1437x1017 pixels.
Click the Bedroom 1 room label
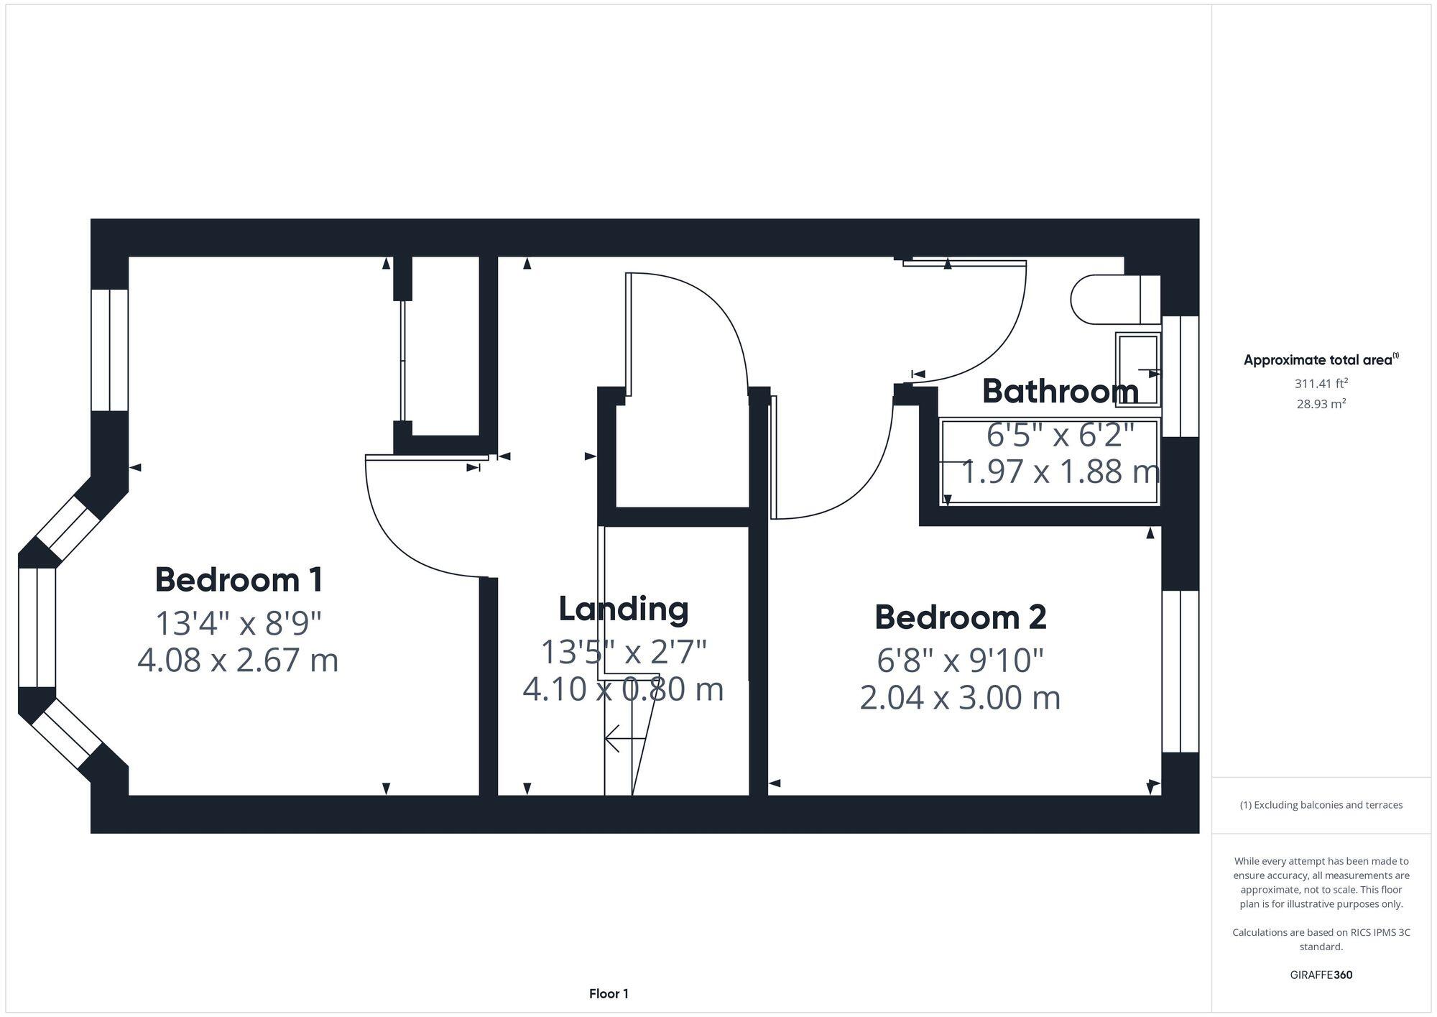tap(239, 580)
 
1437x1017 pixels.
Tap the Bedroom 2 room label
tap(960, 617)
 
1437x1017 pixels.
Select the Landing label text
tap(623, 609)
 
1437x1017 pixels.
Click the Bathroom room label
tap(1060, 392)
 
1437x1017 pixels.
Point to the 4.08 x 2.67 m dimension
tap(238, 661)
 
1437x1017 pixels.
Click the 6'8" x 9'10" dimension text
tap(960, 660)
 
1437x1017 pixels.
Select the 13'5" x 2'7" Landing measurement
tap(623, 652)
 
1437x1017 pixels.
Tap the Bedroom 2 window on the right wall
tap(1180, 671)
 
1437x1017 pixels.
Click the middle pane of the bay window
tap(37, 627)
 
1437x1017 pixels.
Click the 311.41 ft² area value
tap(1321, 384)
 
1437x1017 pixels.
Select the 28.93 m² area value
tap(1321, 404)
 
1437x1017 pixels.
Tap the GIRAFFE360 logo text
tap(1321, 975)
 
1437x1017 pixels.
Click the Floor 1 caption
tap(609, 994)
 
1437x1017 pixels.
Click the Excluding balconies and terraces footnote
tap(1321, 805)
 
